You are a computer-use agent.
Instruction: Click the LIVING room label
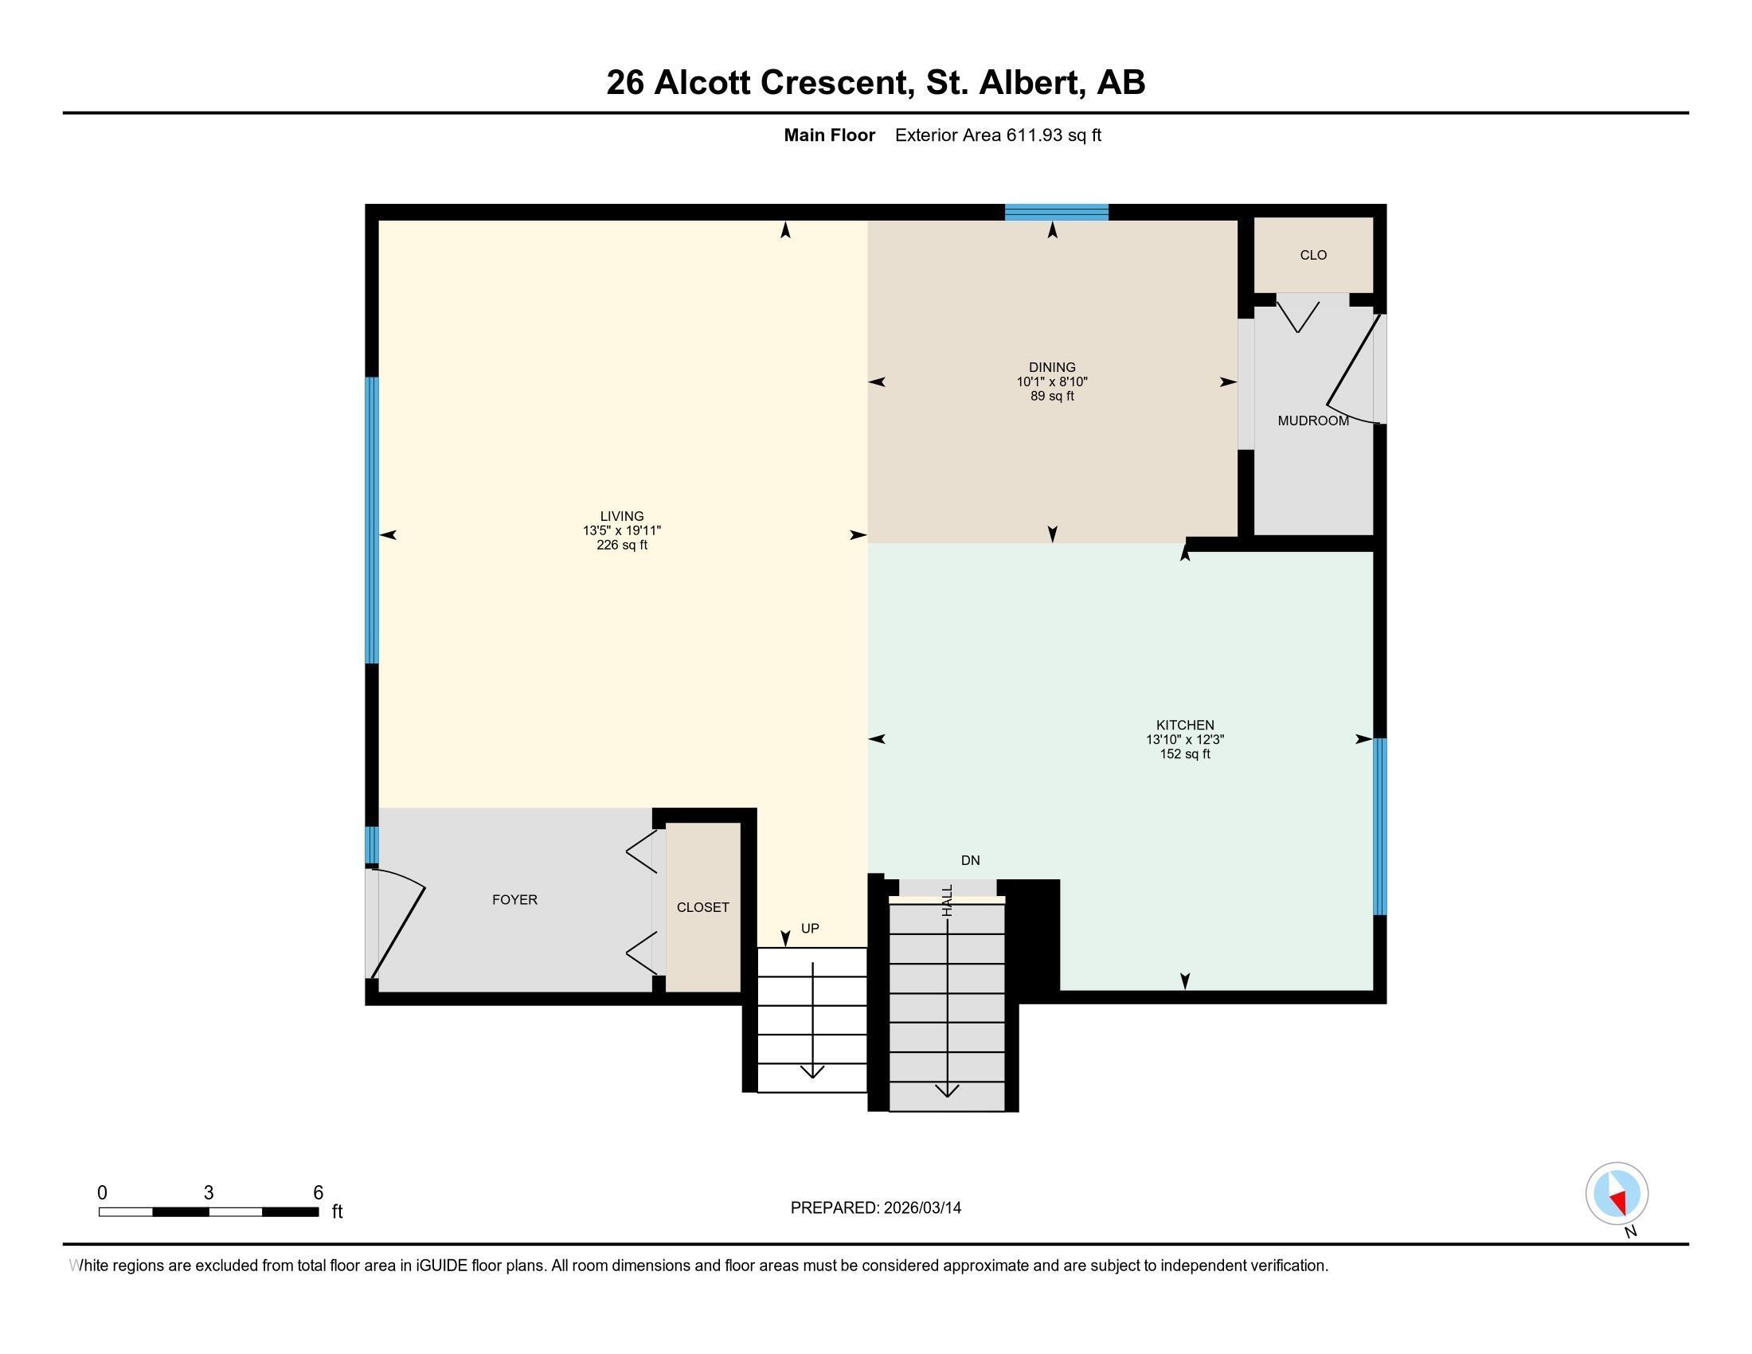622,516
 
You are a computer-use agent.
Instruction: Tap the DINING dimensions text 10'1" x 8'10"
1052,382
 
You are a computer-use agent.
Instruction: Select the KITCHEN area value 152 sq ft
1185,754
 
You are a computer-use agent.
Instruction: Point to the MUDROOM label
1312,421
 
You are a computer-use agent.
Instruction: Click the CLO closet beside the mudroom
1313,255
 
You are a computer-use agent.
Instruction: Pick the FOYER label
514,900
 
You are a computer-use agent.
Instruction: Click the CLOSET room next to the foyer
702,907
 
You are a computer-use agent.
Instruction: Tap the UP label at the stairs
810,928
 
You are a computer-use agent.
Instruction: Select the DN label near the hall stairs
970,860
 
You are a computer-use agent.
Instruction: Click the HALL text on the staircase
948,900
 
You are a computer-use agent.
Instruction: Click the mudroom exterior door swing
1353,369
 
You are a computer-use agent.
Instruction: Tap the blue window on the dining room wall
1057,212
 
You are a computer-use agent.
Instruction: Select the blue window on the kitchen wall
1380,826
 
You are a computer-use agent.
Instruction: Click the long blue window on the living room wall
372,520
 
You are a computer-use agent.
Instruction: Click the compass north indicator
1617,1194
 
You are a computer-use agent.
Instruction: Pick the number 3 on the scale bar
209,1192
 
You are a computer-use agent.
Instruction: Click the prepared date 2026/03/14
921,1208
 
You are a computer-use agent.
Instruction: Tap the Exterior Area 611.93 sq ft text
997,135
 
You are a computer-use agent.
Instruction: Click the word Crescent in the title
837,83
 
